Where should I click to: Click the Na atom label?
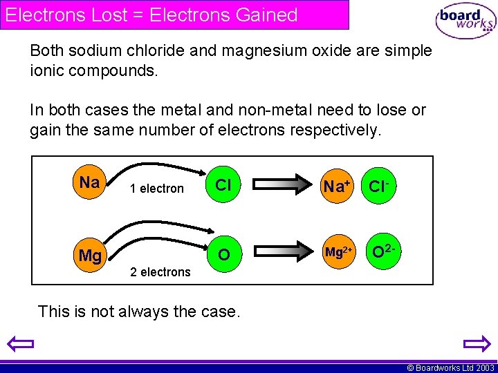coord(89,183)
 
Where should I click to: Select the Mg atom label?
coord(90,256)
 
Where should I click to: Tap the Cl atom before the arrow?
coord(223,185)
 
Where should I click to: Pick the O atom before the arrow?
coord(223,255)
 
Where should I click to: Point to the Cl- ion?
coord(381,186)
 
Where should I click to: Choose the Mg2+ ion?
coord(339,253)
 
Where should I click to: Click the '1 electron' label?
coord(158,189)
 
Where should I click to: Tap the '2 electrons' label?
coord(160,272)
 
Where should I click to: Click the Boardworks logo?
coord(465,21)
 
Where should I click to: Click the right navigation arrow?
coord(477,343)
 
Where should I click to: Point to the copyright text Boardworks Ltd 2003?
coord(450,368)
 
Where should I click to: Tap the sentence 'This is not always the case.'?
coord(139,312)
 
